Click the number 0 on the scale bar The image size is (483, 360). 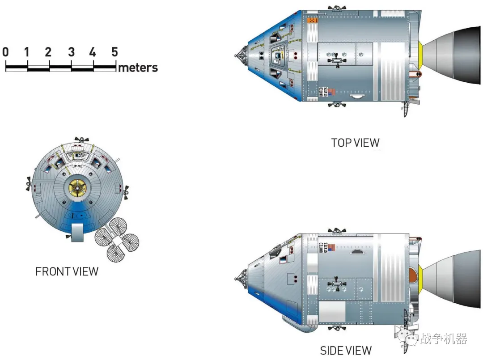click(x=5, y=52)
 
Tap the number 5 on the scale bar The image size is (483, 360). click(x=114, y=52)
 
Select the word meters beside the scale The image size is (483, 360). click(x=138, y=68)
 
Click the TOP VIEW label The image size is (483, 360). click(x=355, y=143)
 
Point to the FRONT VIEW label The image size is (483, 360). click(x=67, y=271)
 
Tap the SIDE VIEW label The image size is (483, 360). click(x=346, y=351)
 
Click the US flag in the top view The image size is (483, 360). click(x=331, y=92)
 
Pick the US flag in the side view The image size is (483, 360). click(x=331, y=247)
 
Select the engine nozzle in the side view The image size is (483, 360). click(x=452, y=279)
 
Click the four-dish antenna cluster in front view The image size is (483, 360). click(x=117, y=240)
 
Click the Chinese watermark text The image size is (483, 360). click(x=443, y=339)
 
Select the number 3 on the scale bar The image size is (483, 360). click(x=71, y=52)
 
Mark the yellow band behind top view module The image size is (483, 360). click(x=421, y=55)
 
